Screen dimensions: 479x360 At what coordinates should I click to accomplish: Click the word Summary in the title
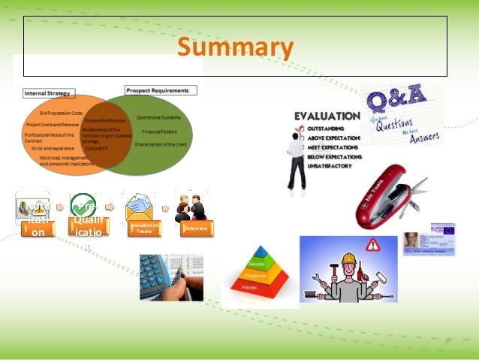(234, 48)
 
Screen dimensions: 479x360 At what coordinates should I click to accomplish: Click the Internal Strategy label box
(49, 94)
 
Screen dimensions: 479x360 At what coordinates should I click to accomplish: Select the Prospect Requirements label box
(161, 90)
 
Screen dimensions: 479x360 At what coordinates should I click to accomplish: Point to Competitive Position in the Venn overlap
(105, 120)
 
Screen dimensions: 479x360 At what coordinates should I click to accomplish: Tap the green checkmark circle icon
(82, 205)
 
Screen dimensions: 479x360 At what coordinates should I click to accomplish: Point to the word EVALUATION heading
(327, 116)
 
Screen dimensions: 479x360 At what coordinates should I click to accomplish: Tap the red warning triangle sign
(373, 245)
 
